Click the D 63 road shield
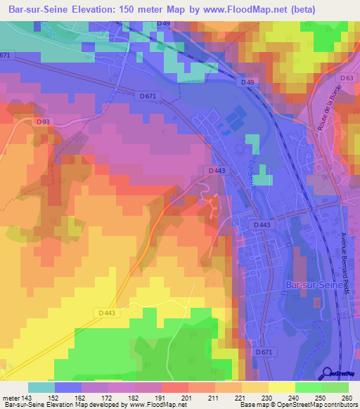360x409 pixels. point(345,78)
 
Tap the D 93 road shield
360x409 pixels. point(43,122)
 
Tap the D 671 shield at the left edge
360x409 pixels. point(6,56)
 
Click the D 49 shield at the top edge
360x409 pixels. point(163,24)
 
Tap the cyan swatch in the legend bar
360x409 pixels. point(41,387)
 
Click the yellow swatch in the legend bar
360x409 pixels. point(282,387)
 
